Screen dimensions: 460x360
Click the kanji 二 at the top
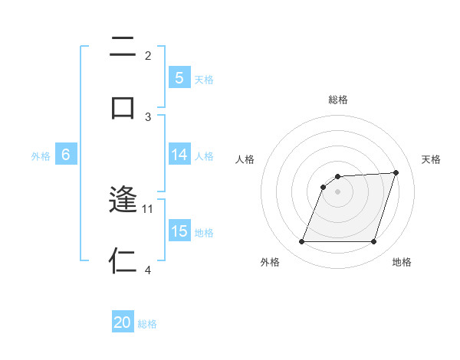[123, 47]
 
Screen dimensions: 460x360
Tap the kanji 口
[123, 107]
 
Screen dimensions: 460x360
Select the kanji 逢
[123, 201]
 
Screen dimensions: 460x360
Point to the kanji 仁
[123, 261]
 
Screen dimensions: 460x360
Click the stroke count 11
[148, 208]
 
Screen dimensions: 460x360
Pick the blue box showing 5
[179, 78]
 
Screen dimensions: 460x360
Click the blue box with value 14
[179, 155]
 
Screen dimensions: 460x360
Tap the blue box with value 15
[179, 231]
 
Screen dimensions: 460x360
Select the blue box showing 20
[123, 322]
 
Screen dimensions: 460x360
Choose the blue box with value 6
[66, 155]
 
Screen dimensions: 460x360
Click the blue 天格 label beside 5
[204, 79]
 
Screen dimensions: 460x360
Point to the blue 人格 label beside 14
[204, 155]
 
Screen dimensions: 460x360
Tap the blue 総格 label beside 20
[147, 324]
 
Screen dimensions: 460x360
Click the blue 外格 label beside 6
[41, 155]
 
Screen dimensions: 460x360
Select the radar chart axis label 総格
[337, 100]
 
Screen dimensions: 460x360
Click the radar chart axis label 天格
[431, 159]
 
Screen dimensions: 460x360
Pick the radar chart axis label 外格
[270, 262]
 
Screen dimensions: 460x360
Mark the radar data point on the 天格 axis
[396, 172]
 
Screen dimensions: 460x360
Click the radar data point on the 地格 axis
[373, 242]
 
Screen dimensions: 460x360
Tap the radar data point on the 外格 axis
[301, 242]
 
